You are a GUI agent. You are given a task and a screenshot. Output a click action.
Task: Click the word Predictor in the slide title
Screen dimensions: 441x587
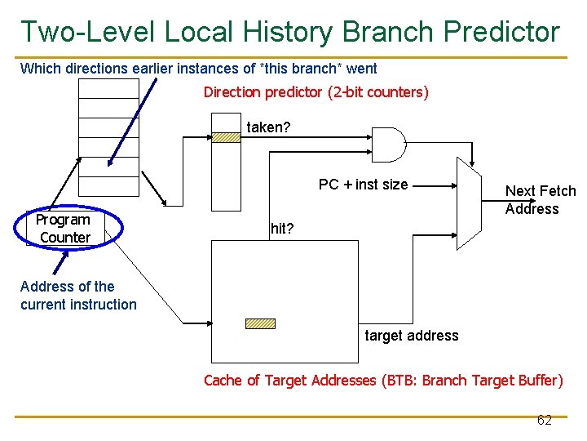[501, 31]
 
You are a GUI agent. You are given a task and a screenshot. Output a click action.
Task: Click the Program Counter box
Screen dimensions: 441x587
[64, 229]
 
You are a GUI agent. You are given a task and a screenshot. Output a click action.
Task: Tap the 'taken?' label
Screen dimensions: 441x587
[268, 127]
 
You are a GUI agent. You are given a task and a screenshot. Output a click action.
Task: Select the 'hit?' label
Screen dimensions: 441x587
[281, 229]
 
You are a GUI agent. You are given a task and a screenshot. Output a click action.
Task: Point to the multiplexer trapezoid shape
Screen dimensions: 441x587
[471, 203]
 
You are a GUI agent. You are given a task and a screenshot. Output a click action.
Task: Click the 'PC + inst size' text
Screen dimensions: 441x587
[363, 185]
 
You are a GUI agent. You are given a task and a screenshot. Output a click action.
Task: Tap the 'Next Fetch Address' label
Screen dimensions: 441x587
[540, 200]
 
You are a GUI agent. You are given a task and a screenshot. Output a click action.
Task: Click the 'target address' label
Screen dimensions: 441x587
[411, 336]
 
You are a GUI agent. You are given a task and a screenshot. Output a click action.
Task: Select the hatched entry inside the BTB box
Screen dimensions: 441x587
[260, 323]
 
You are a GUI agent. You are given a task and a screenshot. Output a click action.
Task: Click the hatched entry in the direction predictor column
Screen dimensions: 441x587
[226, 138]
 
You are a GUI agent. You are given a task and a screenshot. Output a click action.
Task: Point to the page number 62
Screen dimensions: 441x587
[544, 420]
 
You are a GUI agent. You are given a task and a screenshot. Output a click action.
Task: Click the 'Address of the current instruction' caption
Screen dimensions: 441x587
[78, 296]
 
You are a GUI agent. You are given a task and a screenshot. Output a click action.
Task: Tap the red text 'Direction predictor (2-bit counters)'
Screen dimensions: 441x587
[316, 92]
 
